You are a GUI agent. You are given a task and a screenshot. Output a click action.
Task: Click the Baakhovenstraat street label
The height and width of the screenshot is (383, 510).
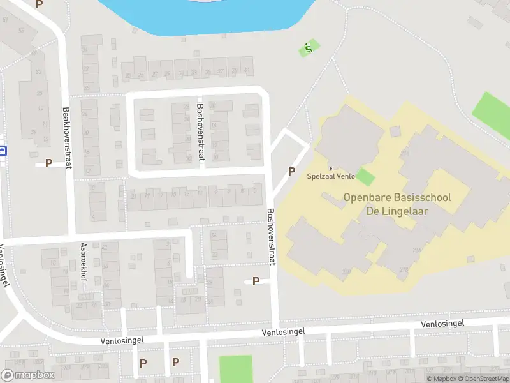coord(66,137)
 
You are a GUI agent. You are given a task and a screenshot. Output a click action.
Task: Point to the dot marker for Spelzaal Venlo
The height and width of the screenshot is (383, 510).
coord(330,168)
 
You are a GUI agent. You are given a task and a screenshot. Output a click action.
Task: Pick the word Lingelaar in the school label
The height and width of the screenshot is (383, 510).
coord(405,211)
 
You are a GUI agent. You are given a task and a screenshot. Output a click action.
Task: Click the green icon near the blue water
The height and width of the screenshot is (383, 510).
coord(309,47)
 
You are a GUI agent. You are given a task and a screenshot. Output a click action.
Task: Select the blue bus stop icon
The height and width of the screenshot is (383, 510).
coord(3,151)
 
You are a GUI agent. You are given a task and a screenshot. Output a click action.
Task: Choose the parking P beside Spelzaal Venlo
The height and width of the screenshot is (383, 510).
coord(292,171)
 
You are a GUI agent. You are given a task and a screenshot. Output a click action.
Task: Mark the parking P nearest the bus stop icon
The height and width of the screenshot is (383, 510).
coord(48,163)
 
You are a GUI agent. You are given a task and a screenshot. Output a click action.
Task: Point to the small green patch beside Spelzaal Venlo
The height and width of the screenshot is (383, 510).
coord(364,177)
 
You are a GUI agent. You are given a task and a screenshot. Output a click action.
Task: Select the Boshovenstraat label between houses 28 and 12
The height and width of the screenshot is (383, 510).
coord(200,132)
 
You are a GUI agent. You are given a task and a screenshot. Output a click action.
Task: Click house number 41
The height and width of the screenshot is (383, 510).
coord(247,70)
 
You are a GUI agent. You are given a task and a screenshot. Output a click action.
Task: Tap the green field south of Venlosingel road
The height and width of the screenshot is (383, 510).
coord(236,369)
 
